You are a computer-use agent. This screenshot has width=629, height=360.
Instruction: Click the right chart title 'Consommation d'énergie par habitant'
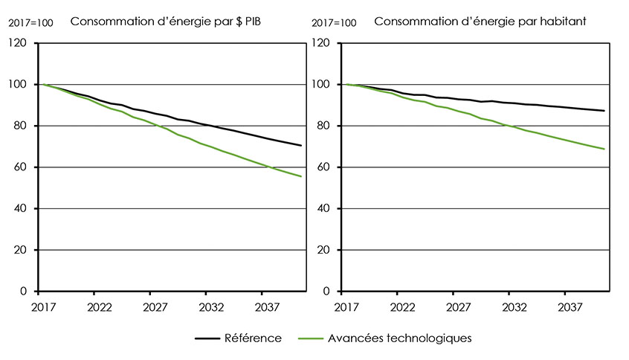coord(480,21)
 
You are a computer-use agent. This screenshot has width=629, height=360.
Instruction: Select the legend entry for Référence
coord(253,338)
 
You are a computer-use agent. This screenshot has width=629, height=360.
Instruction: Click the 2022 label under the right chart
coord(402,306)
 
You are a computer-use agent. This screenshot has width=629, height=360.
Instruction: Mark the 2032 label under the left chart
coord(211,306)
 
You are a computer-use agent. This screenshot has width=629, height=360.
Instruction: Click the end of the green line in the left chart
coord(301,176)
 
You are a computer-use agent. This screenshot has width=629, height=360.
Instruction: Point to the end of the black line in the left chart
coord(301,146)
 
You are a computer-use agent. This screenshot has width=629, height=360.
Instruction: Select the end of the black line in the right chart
coord(604,111)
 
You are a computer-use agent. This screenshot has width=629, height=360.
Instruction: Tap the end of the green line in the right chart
coord(604,150)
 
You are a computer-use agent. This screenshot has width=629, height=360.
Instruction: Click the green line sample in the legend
coord(311,338)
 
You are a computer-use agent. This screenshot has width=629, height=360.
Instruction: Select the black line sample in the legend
coord(207,338)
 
